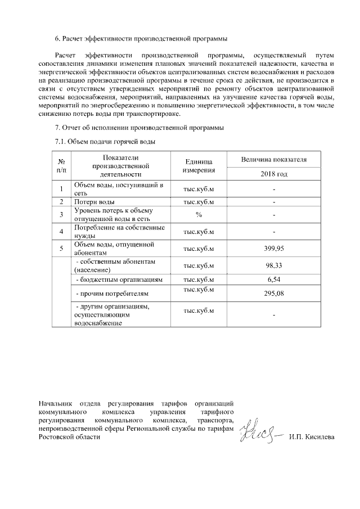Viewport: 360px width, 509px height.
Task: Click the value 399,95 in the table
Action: coord(273,248)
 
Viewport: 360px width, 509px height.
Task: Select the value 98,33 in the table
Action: coord(273,265)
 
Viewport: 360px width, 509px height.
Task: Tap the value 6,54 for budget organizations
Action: coord(273,280)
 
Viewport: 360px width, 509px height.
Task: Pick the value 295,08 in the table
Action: coord(273,294)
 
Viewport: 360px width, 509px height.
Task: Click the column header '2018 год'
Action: coord(273,174)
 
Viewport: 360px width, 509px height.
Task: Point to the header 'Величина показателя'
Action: coord(273,160)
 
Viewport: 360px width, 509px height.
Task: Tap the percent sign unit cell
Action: coord(198,214)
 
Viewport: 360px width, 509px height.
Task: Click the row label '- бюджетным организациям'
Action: coord(119,280)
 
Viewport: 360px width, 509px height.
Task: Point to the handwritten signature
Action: coord(259,433)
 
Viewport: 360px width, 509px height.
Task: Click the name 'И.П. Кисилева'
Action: coord(311,437)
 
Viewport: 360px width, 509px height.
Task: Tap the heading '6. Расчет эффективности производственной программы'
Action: coord(141,39)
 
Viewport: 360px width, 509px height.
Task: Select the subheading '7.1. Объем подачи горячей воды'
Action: coord(105,142)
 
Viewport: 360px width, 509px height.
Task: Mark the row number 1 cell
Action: coord(61,188)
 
